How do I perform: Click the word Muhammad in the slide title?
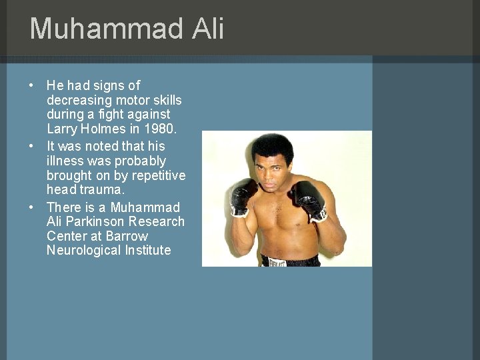(x=105, y=29)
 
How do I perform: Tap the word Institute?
(x=147, y=251)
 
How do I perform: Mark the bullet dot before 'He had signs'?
(x=31, y=86)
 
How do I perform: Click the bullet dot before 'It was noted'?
(x=31, y=146)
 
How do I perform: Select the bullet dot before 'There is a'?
(x=31, y=207)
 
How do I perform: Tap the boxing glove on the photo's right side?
(x=309, y=199)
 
